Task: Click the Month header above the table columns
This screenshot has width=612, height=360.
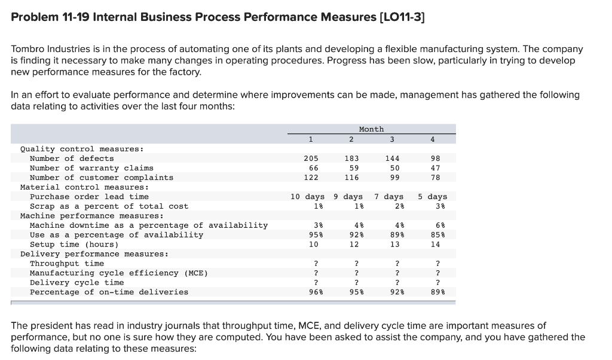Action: (x=371, y=129)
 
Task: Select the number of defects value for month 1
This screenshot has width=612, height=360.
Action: (x=310, y=158)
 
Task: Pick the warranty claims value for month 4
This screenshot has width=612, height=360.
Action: (x=435, y=168)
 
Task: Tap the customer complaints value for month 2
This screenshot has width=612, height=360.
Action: (x=351, y=178)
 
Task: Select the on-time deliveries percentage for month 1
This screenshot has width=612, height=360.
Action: (x=310, y=292)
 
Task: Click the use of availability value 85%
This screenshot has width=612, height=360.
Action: (x=435, y=235)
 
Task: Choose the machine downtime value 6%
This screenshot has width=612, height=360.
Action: (x=435, y=225)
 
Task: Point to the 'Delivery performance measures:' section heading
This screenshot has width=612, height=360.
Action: (x=94, y=254)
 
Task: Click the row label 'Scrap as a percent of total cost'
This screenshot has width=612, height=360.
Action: (x=109, y=206)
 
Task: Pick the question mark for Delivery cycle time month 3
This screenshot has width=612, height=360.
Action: (x=393, y=283)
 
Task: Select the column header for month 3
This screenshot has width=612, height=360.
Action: (x=392, y=140)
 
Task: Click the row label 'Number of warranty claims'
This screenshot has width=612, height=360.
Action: (x=91, y=168)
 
